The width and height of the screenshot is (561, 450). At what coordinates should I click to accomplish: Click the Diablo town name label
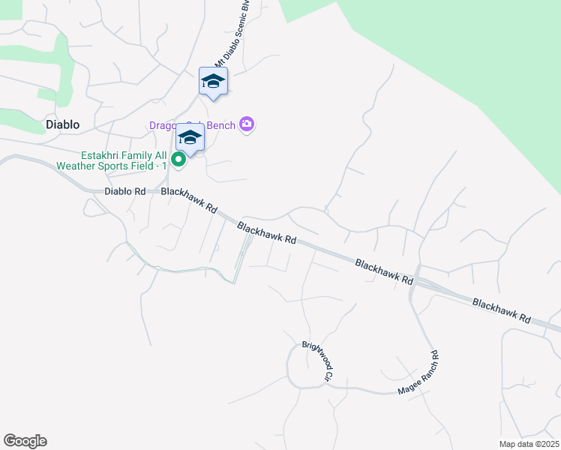tap(62, 124)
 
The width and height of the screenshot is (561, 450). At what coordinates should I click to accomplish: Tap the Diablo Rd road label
tap(124, 191)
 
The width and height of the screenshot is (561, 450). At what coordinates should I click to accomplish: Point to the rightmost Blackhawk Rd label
tap(500, 311)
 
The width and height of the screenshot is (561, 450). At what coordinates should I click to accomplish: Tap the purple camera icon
tap(247, 124)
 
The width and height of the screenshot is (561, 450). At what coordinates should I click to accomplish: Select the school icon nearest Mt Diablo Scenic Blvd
tap(213, 82)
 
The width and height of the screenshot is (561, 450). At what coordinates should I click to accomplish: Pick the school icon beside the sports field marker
tap(190, 139)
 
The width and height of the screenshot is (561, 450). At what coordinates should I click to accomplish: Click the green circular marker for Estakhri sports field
tap(178, 159)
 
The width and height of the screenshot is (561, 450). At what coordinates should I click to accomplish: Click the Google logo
tap(25, 441)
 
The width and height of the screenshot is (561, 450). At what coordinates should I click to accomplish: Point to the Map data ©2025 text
tap(529, 444)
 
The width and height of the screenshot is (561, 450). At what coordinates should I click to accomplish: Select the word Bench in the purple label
tap(221, 125)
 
